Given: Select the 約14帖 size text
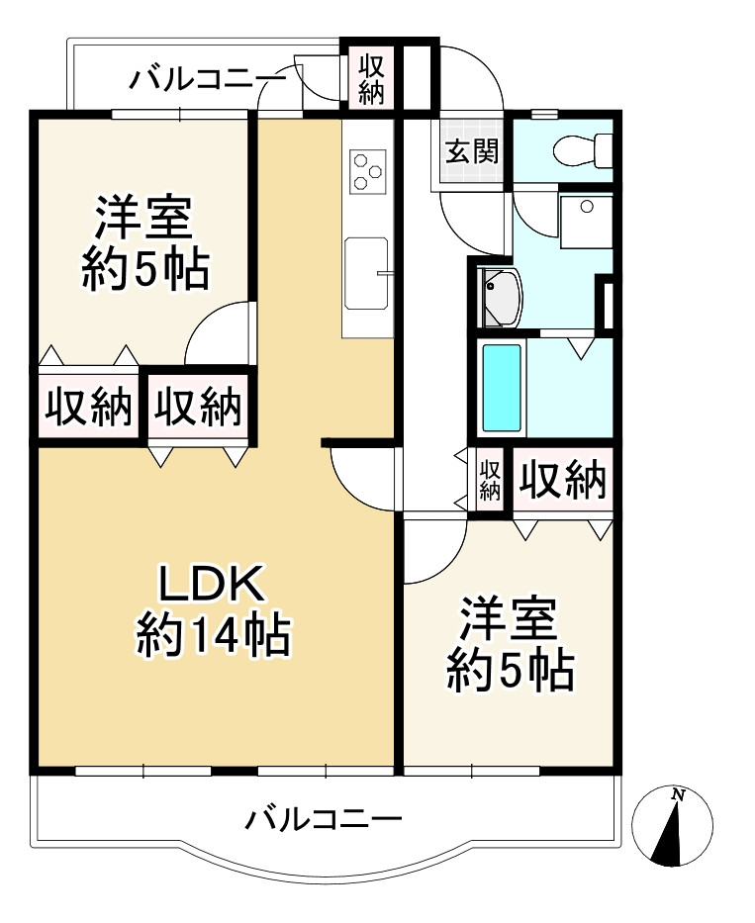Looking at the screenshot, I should (x=213, y=634).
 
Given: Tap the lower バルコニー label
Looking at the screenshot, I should (x=324, y=819).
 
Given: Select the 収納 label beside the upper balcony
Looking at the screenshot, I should (x=370, y=79).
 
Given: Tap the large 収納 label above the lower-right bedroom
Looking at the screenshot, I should (x=563, y=480).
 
